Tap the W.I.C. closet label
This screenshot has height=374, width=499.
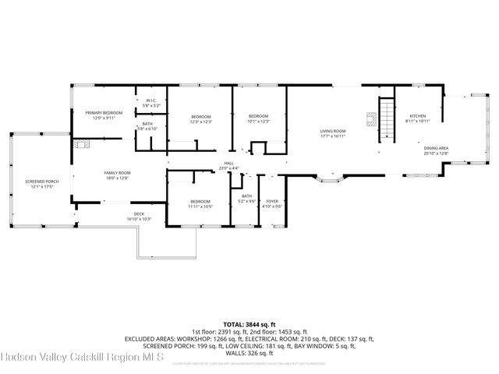point(152,101)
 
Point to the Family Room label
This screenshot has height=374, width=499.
point(119,172)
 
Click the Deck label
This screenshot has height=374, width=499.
point(139,213)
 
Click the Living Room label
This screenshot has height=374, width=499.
point(333,131)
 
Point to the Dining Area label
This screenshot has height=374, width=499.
point(436,146)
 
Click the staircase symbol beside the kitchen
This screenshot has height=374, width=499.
point(385,120)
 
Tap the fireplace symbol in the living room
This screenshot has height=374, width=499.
point(371,120)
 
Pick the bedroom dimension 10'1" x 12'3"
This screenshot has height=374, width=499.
point(258,122)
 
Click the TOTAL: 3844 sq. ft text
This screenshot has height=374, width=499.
point(249,323)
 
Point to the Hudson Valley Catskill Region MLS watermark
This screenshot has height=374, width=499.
point(82,358)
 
